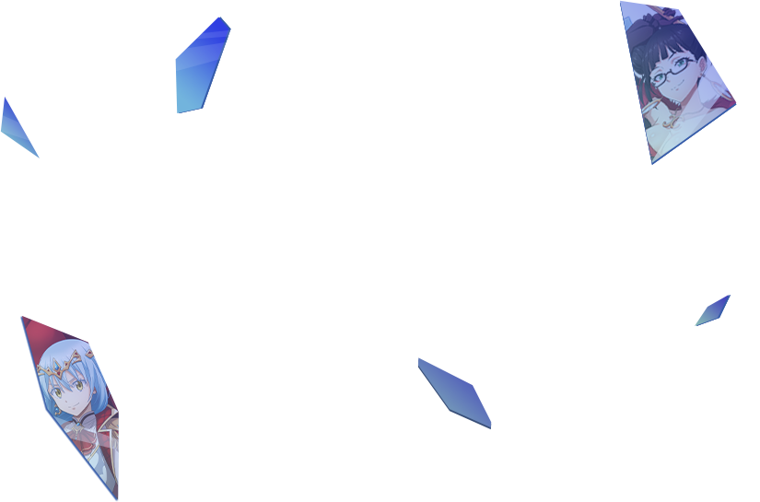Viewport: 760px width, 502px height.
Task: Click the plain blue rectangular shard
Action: pyautogui.click(x=204, y=65)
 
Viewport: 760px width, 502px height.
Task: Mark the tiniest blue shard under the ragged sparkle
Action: pyautogui.click(x=713, y=310)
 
